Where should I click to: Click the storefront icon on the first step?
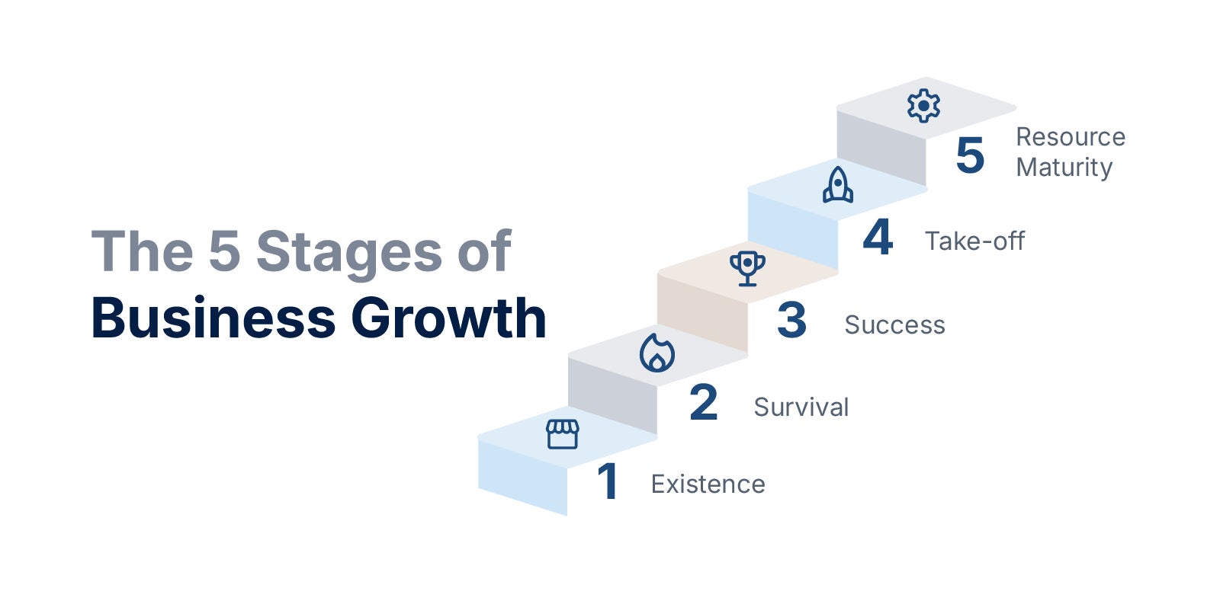tap(562, 434)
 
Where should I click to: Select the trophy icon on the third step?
tap(747, 268)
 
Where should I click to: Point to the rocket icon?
tap(838, 185)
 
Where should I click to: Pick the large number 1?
tap(608, 481)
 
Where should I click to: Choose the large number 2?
tap(703, 402)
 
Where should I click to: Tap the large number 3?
tap(791, 319)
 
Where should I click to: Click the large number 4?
tap(878, 237)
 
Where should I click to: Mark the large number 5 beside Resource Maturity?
tap(970, 155)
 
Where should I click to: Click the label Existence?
tap(708, 484)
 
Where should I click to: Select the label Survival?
tap(801, 407)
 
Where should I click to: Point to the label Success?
tap(895, 325)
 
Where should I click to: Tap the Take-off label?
tap(975, 241)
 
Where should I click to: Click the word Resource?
tap(1071, 136)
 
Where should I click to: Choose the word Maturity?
tap(1064, 168)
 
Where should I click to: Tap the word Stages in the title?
tap(349, 252)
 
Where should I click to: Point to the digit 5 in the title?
tap(224, 251)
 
